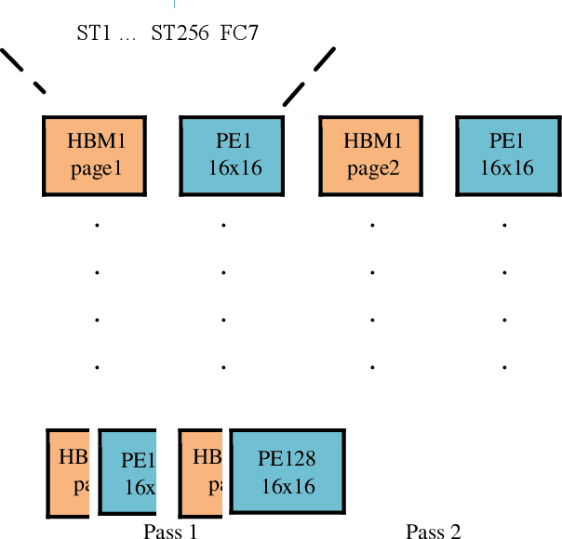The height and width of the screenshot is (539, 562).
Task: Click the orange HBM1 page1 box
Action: [x=95, y=155]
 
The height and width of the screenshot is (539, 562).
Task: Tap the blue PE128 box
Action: [x=287, y=471]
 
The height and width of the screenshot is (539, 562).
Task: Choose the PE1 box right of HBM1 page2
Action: [x=507, y=155]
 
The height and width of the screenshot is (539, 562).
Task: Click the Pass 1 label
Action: [x=170, y=532]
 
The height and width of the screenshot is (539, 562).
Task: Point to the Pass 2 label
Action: [x=433, y=532]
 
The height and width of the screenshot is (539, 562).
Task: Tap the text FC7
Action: [x=239, y=34]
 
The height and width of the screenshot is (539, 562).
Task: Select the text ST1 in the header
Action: [x=93, y=34]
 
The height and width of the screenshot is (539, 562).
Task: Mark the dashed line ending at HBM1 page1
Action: [x=22, y=71]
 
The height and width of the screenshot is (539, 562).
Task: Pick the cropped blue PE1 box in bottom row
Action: [x=127, y=473]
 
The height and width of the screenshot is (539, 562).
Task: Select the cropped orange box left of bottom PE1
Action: [x=68, y=473]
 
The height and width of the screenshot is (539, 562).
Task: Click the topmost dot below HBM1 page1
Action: [x=96, y=225]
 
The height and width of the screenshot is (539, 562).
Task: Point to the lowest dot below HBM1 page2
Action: [x=371, y=367]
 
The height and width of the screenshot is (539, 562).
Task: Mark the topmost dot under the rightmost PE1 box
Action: [x=504, y=225]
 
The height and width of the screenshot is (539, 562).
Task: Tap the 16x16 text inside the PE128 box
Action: [x=287, y=486]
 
